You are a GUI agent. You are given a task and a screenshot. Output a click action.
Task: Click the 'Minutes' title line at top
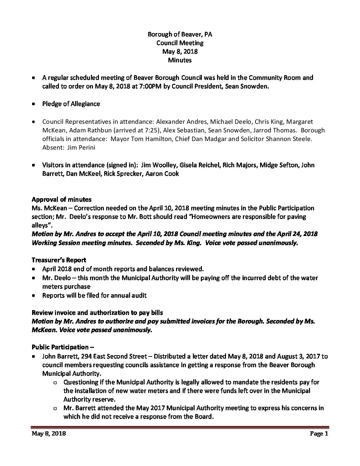(x=180, y=60)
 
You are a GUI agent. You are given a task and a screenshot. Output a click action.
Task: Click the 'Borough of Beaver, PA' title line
(x=180, y=34)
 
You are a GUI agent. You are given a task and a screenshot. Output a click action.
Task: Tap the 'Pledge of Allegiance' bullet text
(x=71, y=104)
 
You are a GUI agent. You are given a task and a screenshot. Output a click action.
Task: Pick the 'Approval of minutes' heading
(x=62, y=200)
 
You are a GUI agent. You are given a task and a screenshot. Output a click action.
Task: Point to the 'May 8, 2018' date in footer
(x=49, y=434)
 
